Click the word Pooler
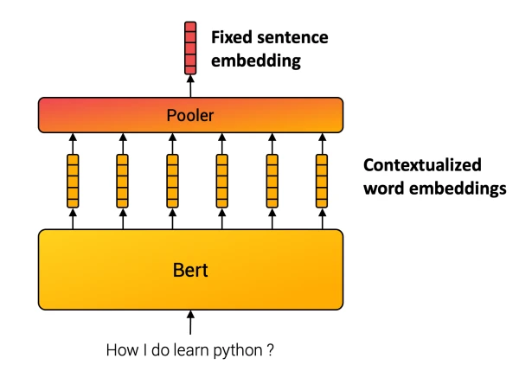point(190,114)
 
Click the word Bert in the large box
point(190,271)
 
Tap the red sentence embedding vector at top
point(190,48)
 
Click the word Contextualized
point(422,165)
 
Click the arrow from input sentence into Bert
point(190,325)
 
